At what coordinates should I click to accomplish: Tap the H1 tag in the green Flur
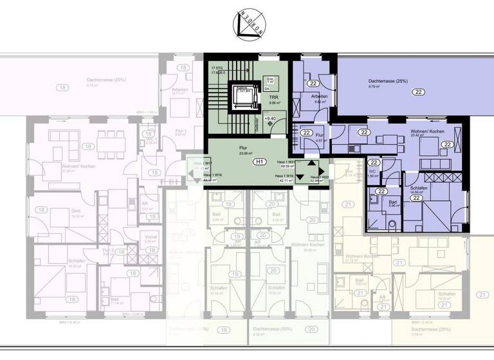point(261,161)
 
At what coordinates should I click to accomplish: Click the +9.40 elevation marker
point(270,118)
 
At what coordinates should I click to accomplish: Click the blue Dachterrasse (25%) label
point(388,81)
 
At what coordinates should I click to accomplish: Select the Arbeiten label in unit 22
point(320,96)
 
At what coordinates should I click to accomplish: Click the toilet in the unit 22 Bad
point(393,223)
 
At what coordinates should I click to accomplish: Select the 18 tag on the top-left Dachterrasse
point(63,87)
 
